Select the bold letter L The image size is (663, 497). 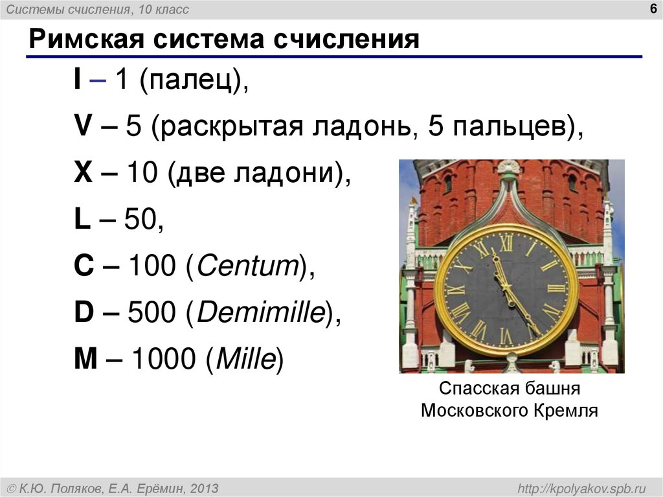coord(82,221)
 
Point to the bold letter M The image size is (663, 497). coord(84,359)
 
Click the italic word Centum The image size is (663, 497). coord(247,267)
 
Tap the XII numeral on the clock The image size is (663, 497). coord(506,243)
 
